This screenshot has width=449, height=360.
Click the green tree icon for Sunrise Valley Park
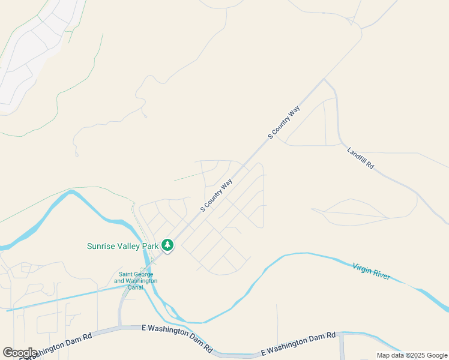click(167, 245)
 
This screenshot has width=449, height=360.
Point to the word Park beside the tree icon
click(151, 246)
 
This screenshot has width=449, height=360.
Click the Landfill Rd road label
click(361, 158)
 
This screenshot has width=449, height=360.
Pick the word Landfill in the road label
click(357, 155)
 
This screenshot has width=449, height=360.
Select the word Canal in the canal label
click(136, 287)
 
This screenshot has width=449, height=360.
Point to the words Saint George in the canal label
click(136, 274)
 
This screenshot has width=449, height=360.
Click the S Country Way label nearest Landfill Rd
click(283, 122)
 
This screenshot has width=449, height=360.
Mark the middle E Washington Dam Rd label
click(177, 338)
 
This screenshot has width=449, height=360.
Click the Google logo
click(20, 353)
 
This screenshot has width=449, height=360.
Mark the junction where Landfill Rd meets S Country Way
click(324, 79)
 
